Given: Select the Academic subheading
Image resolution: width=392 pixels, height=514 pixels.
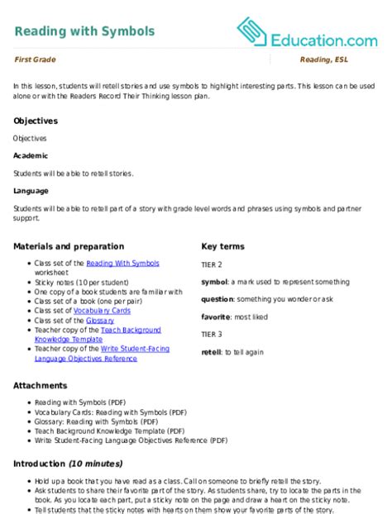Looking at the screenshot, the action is (30, 155).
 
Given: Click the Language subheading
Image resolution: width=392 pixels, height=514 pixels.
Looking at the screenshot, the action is (31, 189).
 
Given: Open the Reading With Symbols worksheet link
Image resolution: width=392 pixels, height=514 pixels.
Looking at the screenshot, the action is (123, 263).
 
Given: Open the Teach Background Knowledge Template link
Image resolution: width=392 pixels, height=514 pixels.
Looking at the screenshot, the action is (136, 329).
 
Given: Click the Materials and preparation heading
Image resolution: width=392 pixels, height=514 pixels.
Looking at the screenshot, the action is (69, 246).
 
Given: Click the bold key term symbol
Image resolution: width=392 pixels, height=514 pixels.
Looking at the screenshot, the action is (215, 282).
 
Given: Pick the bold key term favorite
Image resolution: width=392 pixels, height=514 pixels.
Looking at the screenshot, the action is (217, 316).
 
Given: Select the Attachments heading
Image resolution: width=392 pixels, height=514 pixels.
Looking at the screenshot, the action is (41, 385).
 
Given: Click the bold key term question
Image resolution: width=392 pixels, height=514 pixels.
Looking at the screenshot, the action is (218, 298).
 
